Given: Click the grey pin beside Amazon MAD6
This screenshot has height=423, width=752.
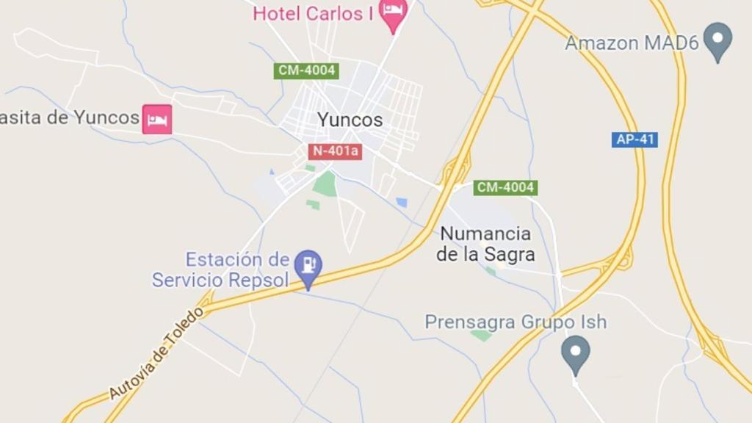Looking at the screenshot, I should tap(717, 40).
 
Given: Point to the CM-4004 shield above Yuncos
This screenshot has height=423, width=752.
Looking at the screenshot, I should tap(307, 71).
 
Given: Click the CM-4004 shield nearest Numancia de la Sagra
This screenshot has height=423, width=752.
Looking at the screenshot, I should tap(505, 188).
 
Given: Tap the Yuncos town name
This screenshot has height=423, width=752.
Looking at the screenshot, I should tap(350, 120).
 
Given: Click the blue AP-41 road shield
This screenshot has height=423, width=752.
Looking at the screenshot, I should tap(634, 140).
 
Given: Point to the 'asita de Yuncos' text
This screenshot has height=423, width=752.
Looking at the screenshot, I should tap(70, 117).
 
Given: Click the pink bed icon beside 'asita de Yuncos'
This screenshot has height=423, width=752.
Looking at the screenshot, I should tap(157, 119).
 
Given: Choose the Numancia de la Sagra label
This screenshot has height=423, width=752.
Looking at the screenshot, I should tap(485, 245).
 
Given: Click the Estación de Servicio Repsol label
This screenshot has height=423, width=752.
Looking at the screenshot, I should tap(221, 270).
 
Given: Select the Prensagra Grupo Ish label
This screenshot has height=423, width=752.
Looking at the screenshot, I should tap(516, 322).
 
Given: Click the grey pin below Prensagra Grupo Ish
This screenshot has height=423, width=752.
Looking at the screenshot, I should tap(575, 353).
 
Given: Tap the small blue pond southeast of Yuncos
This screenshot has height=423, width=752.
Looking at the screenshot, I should tap(402, 202).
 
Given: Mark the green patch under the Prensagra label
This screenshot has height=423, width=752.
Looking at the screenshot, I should tap(482, 336).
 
